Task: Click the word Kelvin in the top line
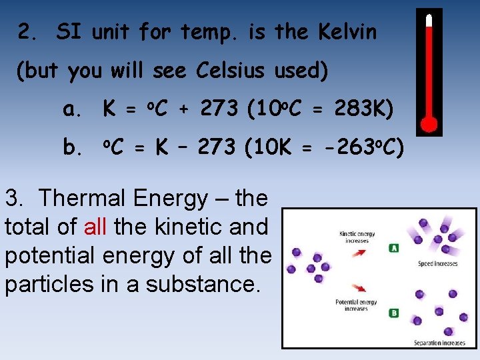pos(347,32)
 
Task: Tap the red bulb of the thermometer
pos(429,123)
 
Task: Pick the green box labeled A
pos(394,248)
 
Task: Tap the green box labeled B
pos(394,313)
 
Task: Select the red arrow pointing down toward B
pos(359,289)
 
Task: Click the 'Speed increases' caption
pos(437,264)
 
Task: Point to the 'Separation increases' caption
pos(439,343)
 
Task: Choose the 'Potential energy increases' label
pos(357,305)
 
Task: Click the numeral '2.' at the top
pos(29,32)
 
